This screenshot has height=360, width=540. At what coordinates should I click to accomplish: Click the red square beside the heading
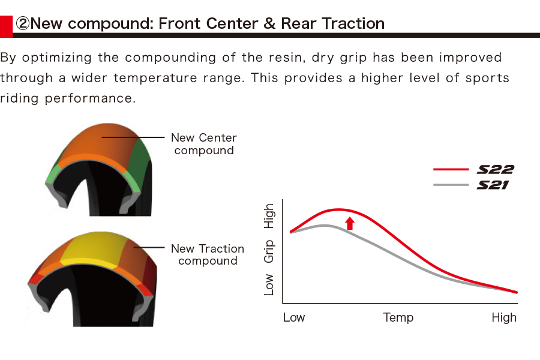click(6, 26)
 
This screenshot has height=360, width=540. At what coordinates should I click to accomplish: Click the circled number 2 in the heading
click(23, 24)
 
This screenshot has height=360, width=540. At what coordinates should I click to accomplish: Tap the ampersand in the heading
click(269, 24)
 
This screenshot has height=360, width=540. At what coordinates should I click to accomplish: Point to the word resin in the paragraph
click(287, 57)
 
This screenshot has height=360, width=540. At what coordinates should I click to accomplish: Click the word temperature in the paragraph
click(155, 78)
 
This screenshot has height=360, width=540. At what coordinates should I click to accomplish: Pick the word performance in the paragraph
click(90, 98)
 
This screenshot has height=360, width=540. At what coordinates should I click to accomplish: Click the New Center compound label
click(204, 144)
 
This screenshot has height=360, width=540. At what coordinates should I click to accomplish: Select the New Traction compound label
click(208, 254)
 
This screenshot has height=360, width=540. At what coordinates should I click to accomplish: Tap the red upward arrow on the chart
click(350, 223)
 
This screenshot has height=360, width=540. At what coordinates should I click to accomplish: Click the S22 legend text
click(495, 169)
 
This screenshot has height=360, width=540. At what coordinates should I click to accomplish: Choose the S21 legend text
click(493, 185)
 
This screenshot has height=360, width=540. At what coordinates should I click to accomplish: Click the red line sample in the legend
click(451, 169)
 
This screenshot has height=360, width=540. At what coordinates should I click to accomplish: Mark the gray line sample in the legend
click(451, 185)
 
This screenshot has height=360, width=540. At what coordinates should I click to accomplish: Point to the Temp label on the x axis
click(398, 317)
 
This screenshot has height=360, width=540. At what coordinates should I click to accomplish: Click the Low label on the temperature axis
click(294, 317)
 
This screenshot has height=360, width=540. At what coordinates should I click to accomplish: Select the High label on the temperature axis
click(504, 317)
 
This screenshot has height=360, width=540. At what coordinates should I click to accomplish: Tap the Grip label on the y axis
click(269, 251)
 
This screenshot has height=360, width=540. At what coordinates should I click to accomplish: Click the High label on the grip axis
click(269, 216)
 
